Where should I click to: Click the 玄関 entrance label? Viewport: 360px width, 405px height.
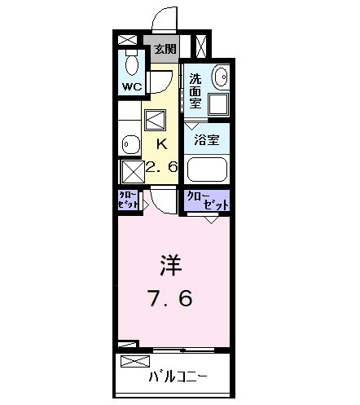165,49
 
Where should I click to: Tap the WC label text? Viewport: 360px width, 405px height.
132,86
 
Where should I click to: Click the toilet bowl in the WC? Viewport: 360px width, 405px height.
132,64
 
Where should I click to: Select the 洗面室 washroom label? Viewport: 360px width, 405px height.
195,91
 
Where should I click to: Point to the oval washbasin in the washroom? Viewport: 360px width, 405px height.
222,77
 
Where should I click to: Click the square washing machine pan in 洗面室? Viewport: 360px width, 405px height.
218,104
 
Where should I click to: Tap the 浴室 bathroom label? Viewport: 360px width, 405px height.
207,140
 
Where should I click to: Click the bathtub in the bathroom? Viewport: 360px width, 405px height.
207,169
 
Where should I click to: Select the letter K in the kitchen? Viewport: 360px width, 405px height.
162,144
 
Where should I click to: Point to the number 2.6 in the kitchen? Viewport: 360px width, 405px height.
162,167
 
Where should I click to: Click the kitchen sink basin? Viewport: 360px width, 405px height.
131,144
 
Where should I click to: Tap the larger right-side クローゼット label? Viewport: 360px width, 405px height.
208,200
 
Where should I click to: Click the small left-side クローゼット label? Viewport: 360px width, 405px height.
128,200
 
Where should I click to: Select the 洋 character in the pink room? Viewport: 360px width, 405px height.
170,266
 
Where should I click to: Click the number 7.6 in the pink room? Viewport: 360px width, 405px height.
170,298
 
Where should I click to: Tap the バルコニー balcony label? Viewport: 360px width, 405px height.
178,376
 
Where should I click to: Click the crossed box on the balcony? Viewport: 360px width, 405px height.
135,361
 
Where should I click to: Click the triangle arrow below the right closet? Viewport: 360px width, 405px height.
212,220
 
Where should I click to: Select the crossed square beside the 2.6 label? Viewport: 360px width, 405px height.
133,172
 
